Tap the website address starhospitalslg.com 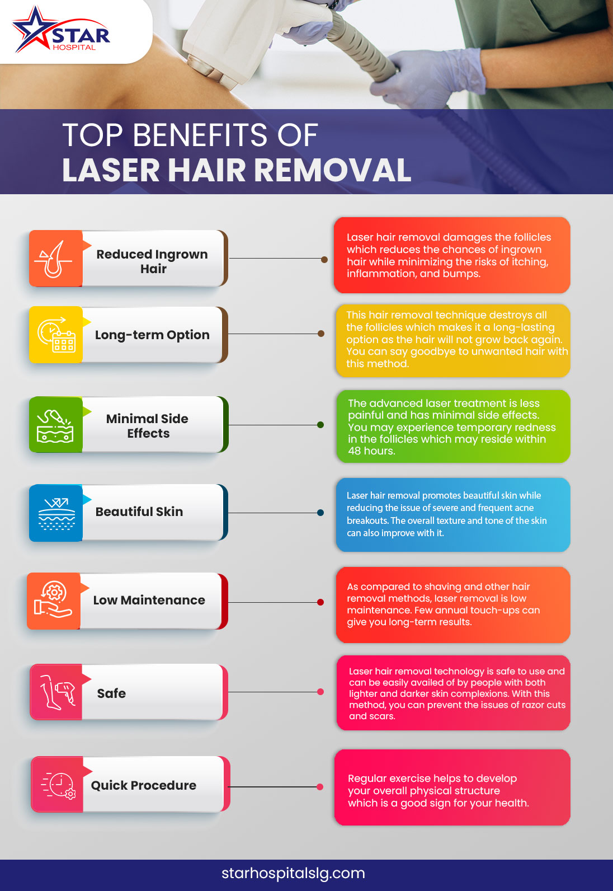(x=293, y=873)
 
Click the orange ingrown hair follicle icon (x=55, y=259)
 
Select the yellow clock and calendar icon (x=56, y=335)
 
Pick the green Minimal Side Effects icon (x=55, y=425)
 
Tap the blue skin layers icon (x=56, y=513)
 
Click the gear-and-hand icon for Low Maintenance (x=54, y=601)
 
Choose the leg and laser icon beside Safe (x=56, y=692)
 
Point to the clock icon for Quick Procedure (x=58, y=785)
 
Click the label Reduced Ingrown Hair (x=152, y=261)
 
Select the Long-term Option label (x=152, y=335)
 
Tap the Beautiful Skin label (x=139, y=512)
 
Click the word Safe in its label (x=111, y=693)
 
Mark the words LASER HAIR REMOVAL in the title (x=237, y=170)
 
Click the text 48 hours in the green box (x=371, y=451)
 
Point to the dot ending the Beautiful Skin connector (x=320, y=513)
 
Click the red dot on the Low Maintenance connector (x=320, y=602)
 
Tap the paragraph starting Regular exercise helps (x=438, y=790)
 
